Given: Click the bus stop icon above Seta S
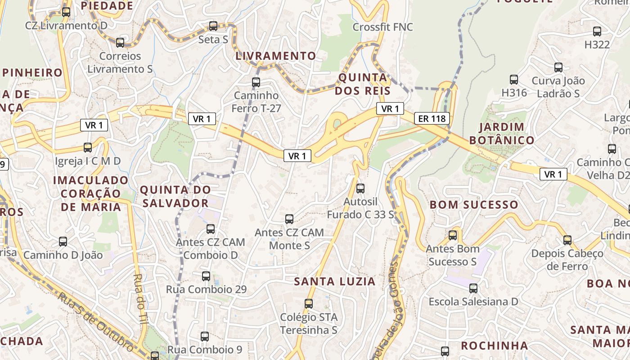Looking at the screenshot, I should pos(213,26).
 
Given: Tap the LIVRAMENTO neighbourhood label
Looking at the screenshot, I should pos(276,56).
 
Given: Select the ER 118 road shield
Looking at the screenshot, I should pos(432,118).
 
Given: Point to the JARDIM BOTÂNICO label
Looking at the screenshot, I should pos(502,134).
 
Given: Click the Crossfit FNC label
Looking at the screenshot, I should pos(382,27).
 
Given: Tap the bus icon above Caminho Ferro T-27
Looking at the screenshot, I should pos(256,82).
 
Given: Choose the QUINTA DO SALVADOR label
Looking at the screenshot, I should pos(175,197).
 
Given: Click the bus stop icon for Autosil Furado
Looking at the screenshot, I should pos(360,189).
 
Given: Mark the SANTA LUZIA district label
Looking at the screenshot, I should pos(334,282).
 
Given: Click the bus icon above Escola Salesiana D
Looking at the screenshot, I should pos(473,288).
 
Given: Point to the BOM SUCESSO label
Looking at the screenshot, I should pos(474,205).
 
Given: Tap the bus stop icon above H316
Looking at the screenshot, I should pos(514,80).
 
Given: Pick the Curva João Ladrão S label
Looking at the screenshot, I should pos(558,87).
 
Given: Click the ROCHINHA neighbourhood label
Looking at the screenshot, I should pos(495,346).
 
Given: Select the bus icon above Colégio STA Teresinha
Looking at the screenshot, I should pos(309,304).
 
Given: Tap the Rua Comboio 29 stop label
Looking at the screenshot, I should pos(207,289).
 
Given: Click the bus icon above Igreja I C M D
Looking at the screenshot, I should pos(88,148).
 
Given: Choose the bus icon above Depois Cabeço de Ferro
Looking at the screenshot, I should pos(567,240).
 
